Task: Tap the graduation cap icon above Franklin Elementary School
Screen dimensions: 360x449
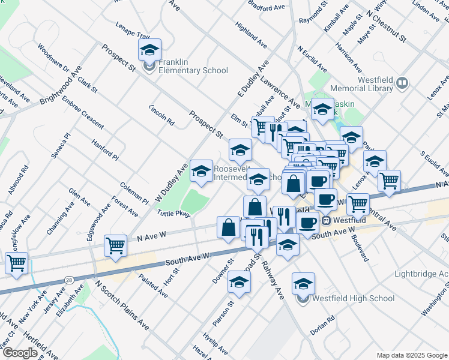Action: (149, 50)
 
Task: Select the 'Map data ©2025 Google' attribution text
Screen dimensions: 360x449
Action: (411, 355)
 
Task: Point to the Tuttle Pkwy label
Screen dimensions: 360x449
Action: (173, 213)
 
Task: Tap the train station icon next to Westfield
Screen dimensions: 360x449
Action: (325, 220)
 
